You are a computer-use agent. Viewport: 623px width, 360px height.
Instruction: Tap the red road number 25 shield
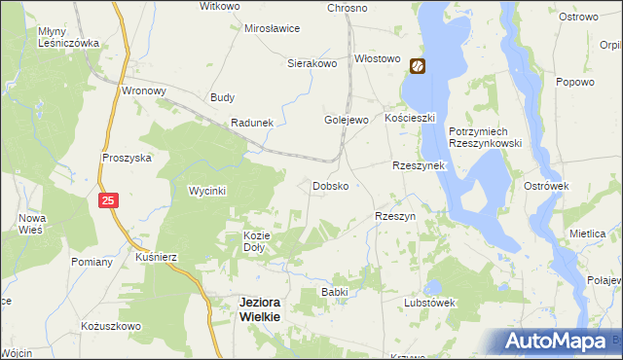(x=109, y=199)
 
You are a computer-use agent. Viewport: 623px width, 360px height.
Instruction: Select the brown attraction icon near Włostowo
(x=418, y=66)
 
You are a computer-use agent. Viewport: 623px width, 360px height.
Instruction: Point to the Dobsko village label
(x=330, y=185)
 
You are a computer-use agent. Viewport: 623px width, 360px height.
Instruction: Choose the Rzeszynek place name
(x=418, y=166)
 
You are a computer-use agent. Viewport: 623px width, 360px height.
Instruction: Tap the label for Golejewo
(x=345, y=120)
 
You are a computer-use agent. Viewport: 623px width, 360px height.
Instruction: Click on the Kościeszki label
(x=408, y=117)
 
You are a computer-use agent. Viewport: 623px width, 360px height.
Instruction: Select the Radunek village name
(x=252, y=123)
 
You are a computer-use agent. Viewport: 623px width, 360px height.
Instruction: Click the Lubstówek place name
(x=430, y=303)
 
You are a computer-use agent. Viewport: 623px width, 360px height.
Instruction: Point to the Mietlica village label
(x=588, y=234)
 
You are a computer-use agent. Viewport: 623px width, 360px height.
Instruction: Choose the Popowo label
(x=574, y=83)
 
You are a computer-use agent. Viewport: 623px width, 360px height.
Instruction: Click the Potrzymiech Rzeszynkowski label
(x=486, y=137)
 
